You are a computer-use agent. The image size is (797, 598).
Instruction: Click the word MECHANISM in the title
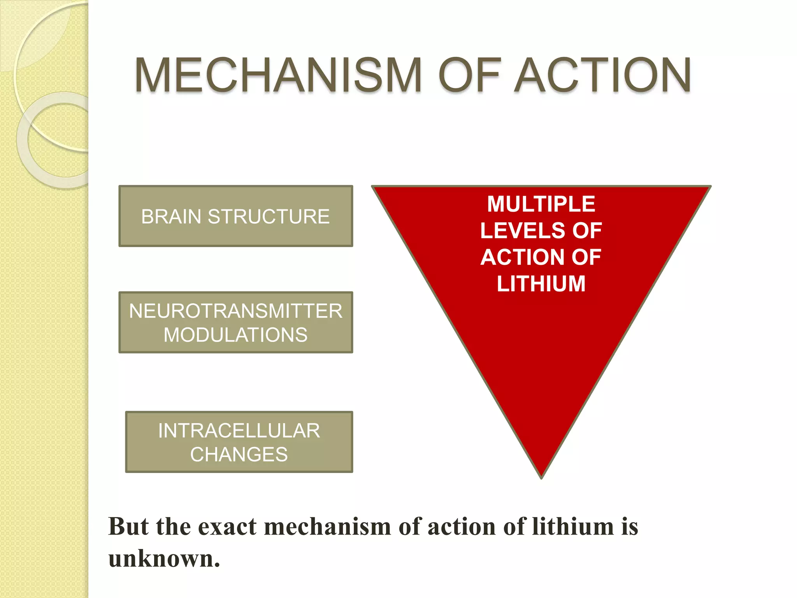coord(278,75)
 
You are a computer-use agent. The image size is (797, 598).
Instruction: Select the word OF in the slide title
coord(469,75)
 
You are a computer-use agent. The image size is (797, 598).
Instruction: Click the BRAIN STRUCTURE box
coord(236,216)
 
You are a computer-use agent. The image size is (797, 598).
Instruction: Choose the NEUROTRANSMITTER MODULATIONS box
coord(236,322)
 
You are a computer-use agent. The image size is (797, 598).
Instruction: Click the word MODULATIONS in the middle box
coord(235,335)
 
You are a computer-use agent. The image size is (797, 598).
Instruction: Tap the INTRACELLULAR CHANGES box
coord(239,442)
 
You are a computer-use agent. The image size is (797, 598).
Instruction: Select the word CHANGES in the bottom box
coord(239,454)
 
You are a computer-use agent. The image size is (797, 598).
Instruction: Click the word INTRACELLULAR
coord(239,431)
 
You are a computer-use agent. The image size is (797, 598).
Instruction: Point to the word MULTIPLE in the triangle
coord(541,204)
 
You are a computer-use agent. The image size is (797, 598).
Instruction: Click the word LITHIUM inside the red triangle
coord(541,283)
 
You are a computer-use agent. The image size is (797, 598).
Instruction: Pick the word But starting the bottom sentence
coord(128,526)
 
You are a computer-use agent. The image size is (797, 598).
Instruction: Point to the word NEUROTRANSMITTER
coord(235,311)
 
